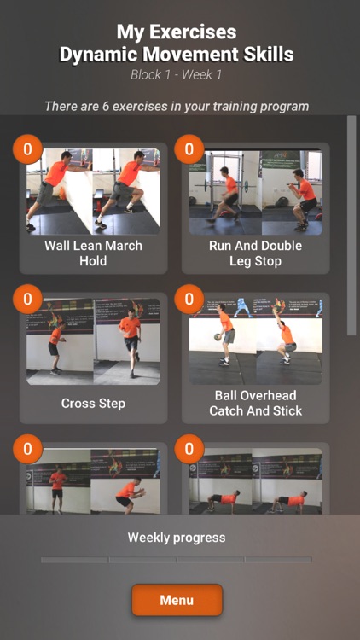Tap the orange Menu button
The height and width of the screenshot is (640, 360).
tap(177, 600)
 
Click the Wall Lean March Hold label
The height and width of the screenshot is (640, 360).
tap(94, 253)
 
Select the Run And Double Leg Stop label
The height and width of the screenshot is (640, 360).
tap(256, 253)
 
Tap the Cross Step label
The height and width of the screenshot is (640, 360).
tap(94, 404)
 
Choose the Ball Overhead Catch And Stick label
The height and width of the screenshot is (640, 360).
tap(256, 403)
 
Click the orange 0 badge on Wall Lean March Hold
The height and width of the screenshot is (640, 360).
tap(27, 149)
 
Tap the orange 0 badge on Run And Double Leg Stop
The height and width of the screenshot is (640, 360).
tap(189, 149)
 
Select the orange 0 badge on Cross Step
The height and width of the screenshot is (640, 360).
tap(27, 300)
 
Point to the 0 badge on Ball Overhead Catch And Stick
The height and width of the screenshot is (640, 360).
tap(189, 300)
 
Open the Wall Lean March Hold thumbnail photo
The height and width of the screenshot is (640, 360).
tap(94, 191)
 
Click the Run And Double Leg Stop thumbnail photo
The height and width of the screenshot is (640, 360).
tap(256, 192)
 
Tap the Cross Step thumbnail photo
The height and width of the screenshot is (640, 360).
tap(94, 341)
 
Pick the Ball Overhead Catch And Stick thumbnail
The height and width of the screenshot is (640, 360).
tap(256, 341)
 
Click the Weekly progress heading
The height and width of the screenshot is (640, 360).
tap(177, 538)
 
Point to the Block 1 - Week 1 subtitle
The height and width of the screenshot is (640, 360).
tap(177, 75)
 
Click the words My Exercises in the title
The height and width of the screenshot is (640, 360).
tap(177, 32)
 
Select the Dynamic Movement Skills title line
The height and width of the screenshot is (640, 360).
tap(177, 55)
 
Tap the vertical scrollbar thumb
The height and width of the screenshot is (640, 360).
tap(351, 225)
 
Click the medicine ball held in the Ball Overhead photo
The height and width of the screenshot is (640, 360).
tap(218, 337)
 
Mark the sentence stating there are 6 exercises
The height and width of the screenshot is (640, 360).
tap(177, 107)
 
